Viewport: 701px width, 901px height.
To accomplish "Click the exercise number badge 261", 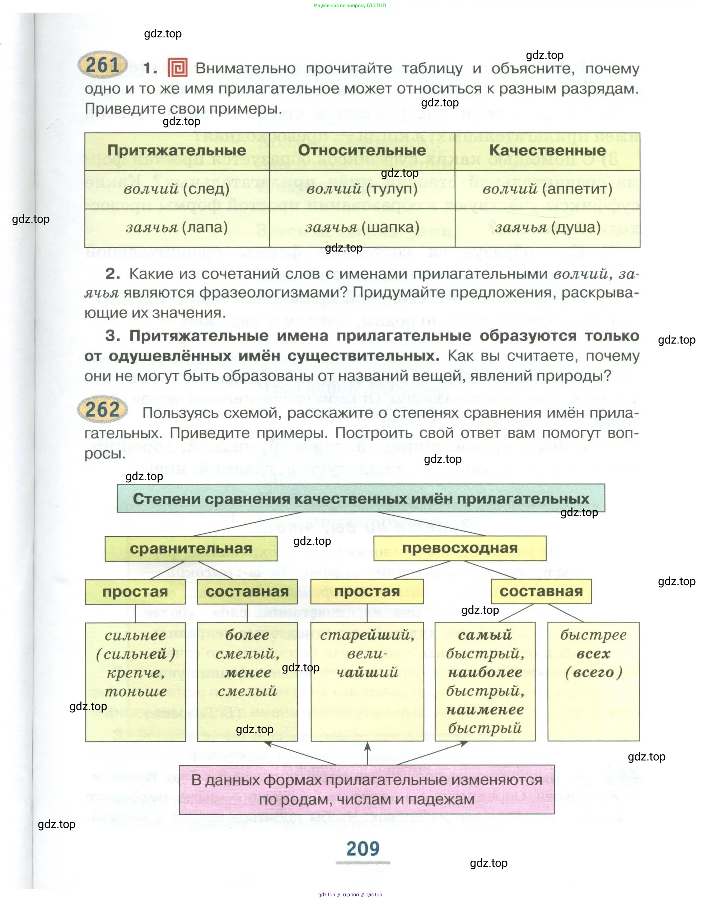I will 103,65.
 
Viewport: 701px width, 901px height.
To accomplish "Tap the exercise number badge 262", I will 102,409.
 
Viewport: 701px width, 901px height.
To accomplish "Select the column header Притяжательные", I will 177,151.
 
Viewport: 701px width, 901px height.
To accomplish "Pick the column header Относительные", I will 362,151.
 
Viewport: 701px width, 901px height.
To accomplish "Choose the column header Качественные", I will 547,151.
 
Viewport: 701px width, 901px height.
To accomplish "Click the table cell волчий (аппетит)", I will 547,189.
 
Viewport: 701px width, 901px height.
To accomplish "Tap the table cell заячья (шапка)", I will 362,228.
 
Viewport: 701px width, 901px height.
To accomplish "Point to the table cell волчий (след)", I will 177,189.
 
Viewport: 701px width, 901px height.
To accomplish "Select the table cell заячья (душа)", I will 547,228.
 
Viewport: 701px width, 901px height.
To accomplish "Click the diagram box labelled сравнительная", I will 191,548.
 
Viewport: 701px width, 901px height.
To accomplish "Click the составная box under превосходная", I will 541,591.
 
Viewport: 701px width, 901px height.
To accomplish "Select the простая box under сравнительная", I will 135,592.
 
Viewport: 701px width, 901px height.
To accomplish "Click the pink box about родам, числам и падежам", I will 367,789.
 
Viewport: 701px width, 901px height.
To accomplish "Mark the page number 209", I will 363,849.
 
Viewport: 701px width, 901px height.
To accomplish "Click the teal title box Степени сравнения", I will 361,498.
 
